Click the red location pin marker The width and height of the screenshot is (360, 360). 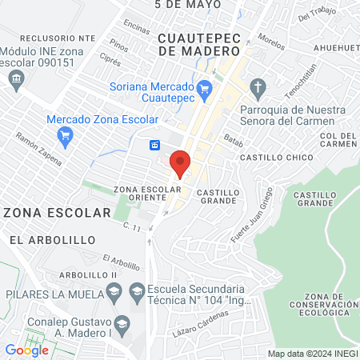point(180,162)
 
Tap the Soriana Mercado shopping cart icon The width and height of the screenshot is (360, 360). point(204,88)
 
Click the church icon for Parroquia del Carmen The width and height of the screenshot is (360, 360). point(258,86)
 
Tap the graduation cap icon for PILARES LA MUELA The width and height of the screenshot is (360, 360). point(113,292)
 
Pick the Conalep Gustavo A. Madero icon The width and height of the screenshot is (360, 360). point(122,324)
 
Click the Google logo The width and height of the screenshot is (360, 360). point(26,350)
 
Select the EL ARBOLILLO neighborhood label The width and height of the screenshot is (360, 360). point(53,239)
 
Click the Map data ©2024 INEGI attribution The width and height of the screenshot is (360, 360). point(312,354)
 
